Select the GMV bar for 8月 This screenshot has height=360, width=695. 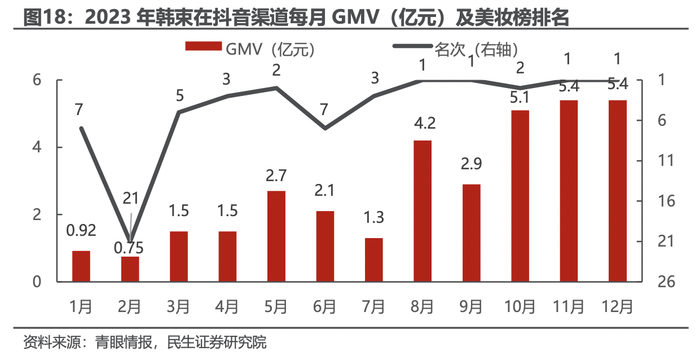click(x=423, y=210)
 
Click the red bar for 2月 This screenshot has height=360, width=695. click(x=130, y=269)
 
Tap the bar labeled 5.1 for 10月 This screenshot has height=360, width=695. click(x=520, y=195)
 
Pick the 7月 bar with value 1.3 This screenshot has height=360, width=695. click(x=373, y=260)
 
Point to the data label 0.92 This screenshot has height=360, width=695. click(x=81, y=230)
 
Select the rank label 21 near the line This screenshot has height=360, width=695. click(x=130, y=198)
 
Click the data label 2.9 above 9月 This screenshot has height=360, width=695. click(x=471, y=165)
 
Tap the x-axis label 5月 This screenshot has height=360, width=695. click(x=276, y=307)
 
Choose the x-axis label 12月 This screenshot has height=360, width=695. click(x=617, y=307)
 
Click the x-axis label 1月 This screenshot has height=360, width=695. click(x=81, y=307)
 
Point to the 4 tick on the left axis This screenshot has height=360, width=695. click(x=37, y=147)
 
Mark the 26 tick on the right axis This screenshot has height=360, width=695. click(x=666, y=282)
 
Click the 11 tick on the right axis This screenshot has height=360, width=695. click(x=666, y=161)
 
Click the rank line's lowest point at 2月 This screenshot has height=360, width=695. click(x=130, y=242)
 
